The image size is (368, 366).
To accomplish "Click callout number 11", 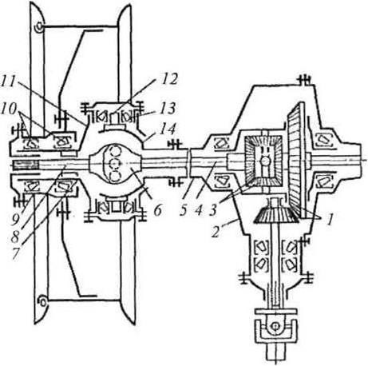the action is pos(9,82).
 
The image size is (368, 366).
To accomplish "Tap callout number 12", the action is pos(169,79).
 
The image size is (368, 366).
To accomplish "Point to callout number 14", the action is pos(168,129).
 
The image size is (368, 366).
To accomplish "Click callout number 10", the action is pos(8,109).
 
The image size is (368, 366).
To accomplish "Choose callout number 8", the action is pos(15,237).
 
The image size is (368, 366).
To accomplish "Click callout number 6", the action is pos(157,211).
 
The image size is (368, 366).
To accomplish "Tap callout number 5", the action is pos(184,211).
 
